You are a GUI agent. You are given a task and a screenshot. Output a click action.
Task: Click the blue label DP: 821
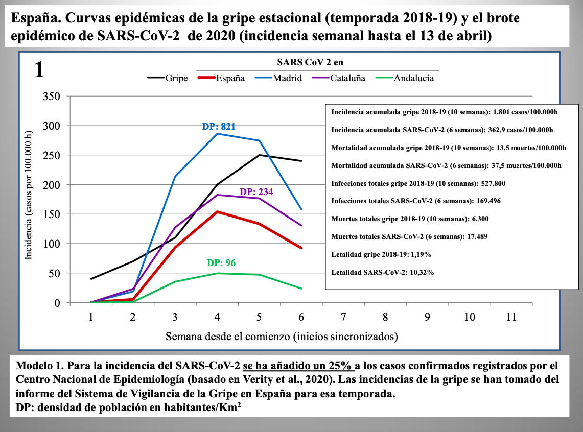(x=219, y=126)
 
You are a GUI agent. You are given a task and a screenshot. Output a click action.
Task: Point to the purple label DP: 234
(x=256, y=192)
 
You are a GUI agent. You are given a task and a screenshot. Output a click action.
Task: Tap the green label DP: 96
(x=221, y=263)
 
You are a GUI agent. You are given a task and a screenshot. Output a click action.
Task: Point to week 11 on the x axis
(x=511, y=317)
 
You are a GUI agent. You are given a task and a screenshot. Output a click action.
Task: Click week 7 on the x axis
(x=343, y=317)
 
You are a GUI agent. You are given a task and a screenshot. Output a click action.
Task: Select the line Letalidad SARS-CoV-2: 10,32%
(x=383, y=272)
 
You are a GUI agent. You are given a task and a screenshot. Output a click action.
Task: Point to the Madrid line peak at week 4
(x=217, y=134)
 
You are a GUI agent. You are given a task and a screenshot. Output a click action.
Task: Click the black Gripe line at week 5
(x=259, y=155)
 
